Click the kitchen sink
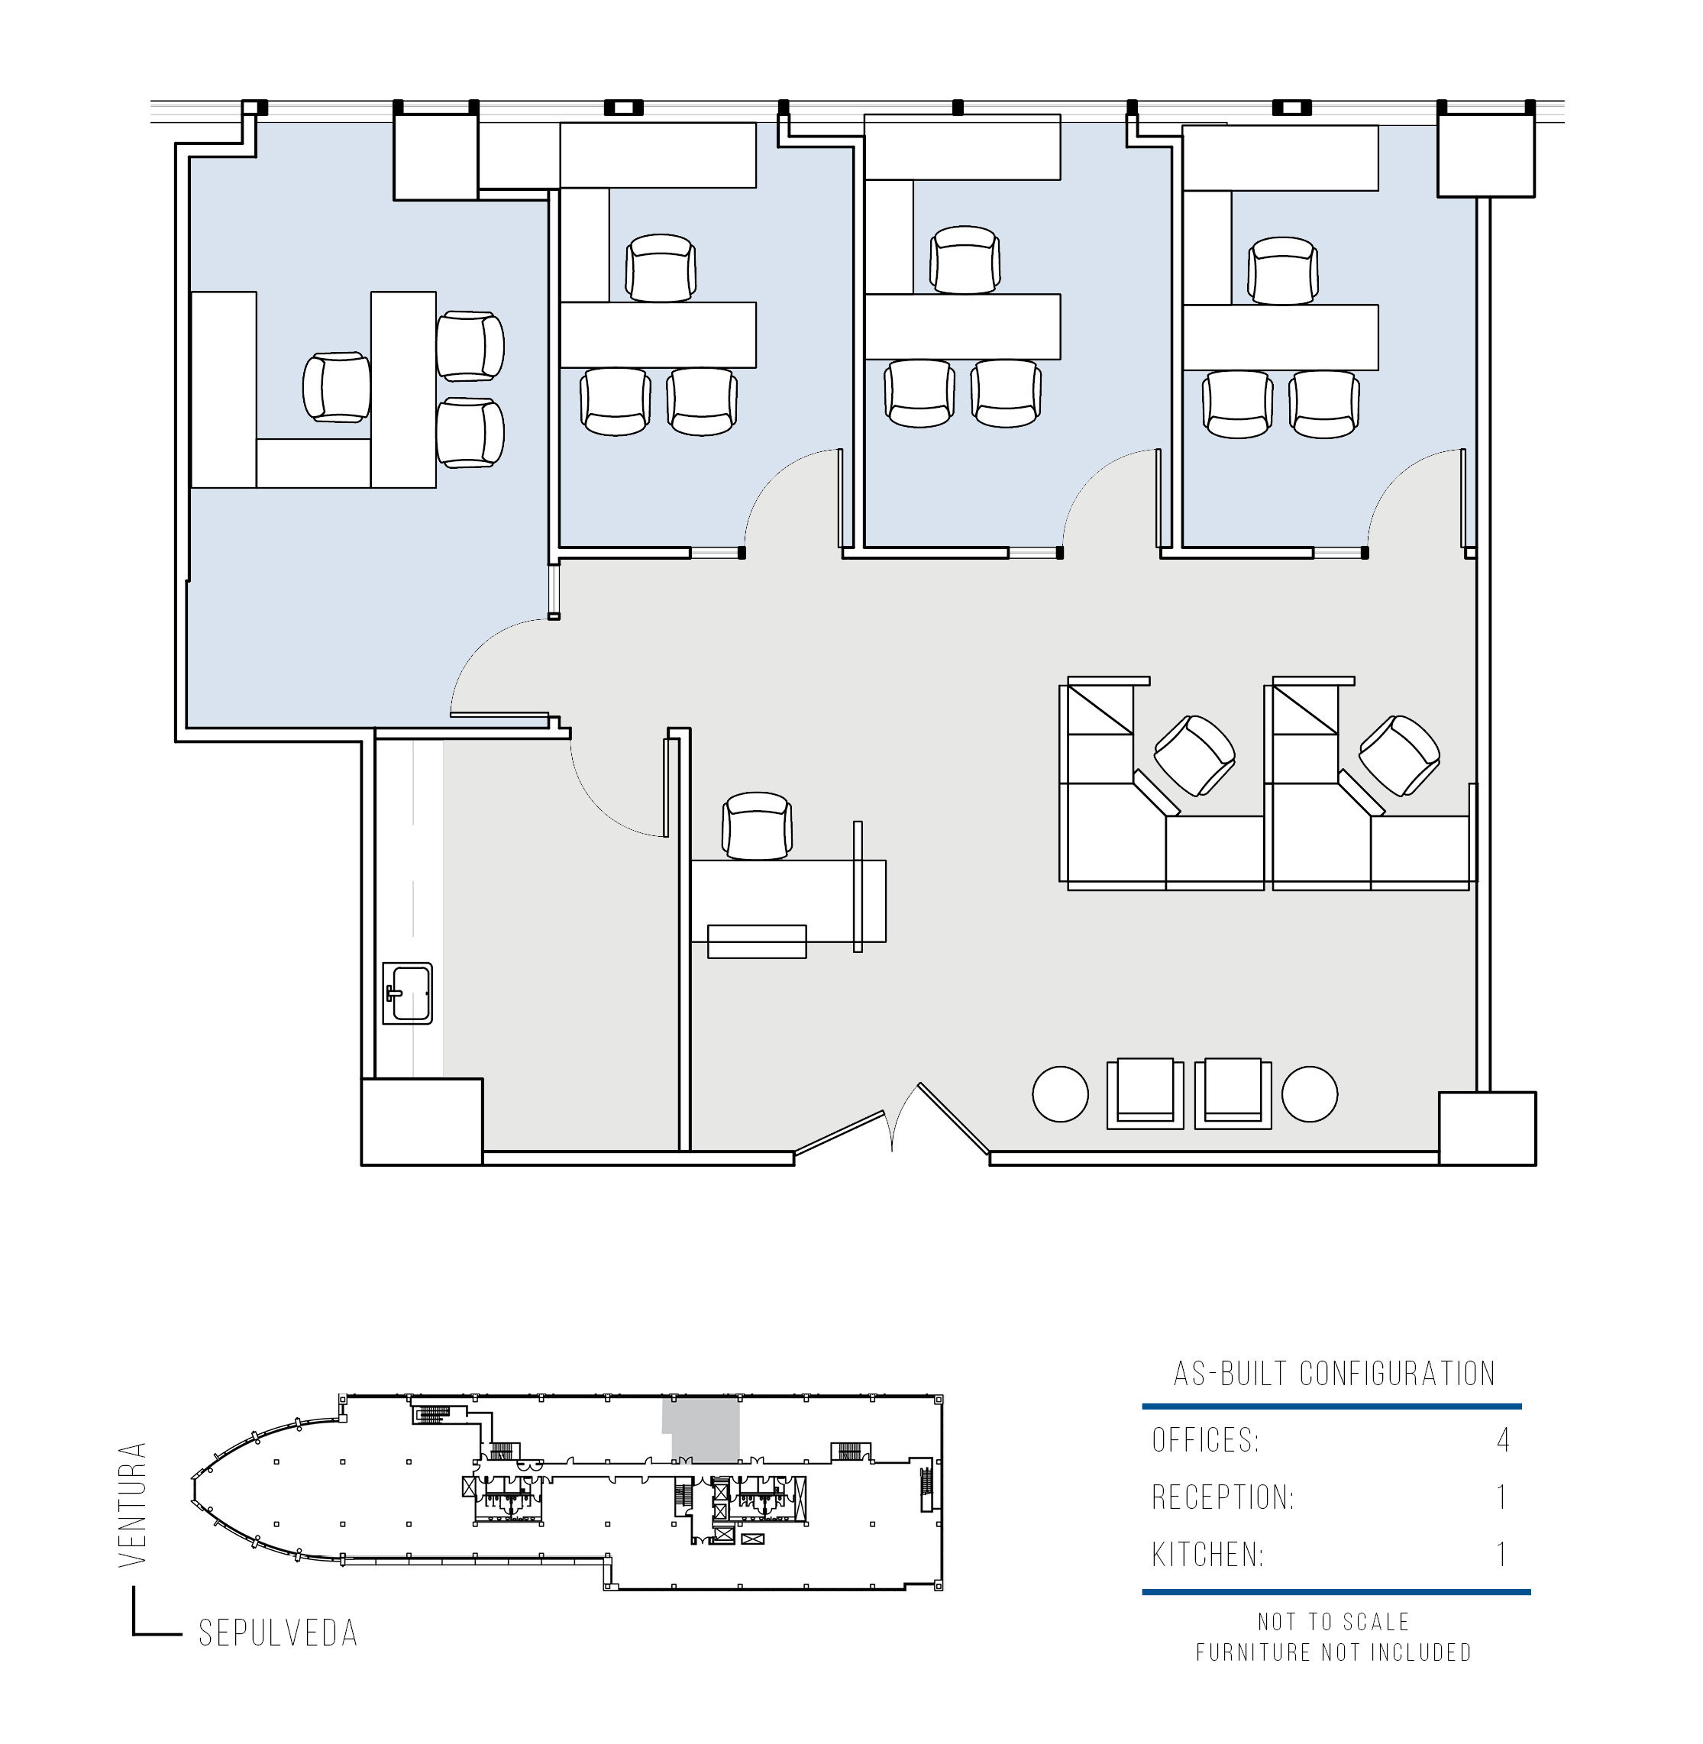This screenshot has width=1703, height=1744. click(x=407, y=993)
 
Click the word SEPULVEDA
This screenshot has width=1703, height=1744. click(x=278, y=1633)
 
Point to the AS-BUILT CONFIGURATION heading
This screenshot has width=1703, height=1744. click(x=1333, y=1373)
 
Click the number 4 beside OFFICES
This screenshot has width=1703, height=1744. click(x=1503, y=1440)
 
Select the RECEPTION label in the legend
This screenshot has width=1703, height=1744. click(x=1223, y=1497)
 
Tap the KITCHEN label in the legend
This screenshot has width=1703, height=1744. click(x=1207, y=1555)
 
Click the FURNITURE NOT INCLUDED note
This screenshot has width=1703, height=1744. click(x=1333, y=1652)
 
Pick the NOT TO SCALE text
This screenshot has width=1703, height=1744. click(x=1333, y=1622)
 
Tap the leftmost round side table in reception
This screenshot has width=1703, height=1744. click(x=1060, y=1093)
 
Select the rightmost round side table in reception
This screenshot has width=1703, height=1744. click(x=1310, y=1093)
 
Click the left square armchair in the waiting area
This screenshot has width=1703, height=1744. click(x=1145, y=1093)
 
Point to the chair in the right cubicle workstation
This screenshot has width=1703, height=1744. click(x=1399, y=756)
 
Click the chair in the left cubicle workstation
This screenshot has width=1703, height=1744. click(x=1194, y=756)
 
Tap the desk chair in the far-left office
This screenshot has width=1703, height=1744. click(x=336, y=387)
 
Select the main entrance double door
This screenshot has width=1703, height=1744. click(x=892, y=1122)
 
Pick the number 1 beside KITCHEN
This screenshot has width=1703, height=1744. click(x=1503, y=1555)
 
